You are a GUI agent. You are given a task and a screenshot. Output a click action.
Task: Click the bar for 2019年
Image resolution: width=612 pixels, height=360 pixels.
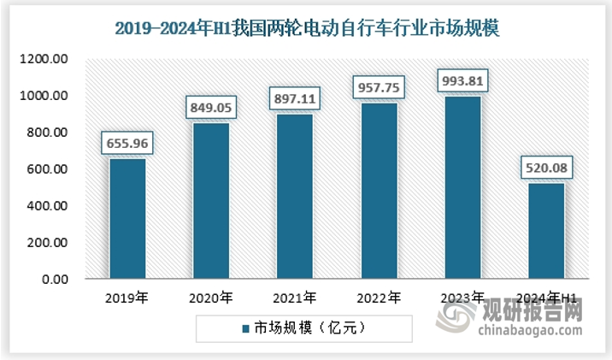(127, 219)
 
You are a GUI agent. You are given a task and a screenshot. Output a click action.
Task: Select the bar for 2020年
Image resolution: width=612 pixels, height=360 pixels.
(210, 201)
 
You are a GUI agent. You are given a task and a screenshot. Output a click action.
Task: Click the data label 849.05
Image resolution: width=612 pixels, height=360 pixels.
(210, 109)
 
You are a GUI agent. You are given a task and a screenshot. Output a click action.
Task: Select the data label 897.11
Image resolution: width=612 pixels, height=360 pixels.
(293, 99)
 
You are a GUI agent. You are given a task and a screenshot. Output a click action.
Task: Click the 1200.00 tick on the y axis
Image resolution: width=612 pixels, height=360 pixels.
(48, 59)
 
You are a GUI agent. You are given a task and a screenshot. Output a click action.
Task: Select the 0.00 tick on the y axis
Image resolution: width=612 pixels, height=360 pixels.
(56, 280)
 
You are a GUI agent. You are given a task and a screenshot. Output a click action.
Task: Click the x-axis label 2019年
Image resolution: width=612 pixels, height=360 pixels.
(127, 298)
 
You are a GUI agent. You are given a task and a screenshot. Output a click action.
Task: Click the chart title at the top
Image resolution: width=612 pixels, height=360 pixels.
(307, 27)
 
